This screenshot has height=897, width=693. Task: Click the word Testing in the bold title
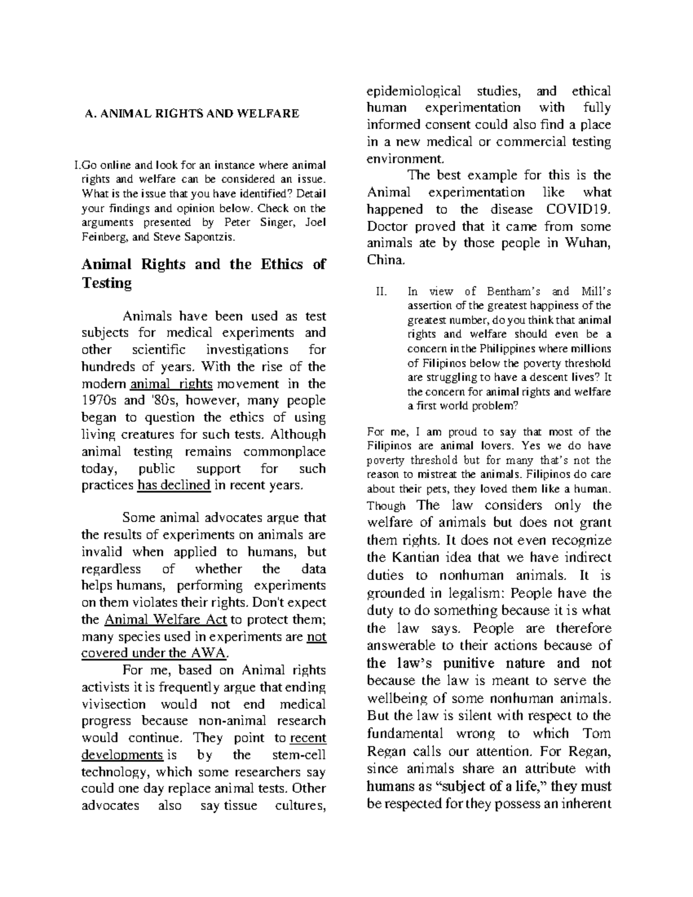point(107,283)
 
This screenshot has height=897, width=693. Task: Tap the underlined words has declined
point(173,485)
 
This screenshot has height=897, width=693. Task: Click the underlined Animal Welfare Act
point(165,620)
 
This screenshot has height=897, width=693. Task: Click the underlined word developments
point(122,755)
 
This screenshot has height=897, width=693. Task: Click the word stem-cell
point(297,755)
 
